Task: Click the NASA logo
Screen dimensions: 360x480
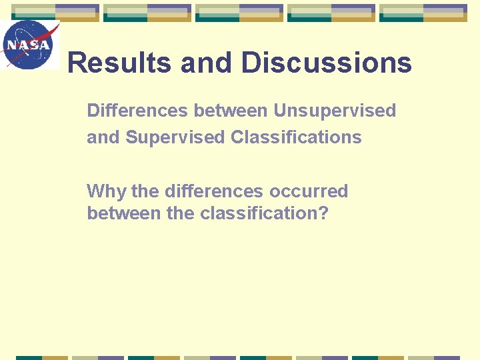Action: (29, 45)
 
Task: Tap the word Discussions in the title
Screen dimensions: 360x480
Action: (326, 63)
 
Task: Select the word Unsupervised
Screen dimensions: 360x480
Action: (335, 111)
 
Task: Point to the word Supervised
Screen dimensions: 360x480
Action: (175, 138)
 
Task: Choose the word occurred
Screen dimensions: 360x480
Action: (309, 192)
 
